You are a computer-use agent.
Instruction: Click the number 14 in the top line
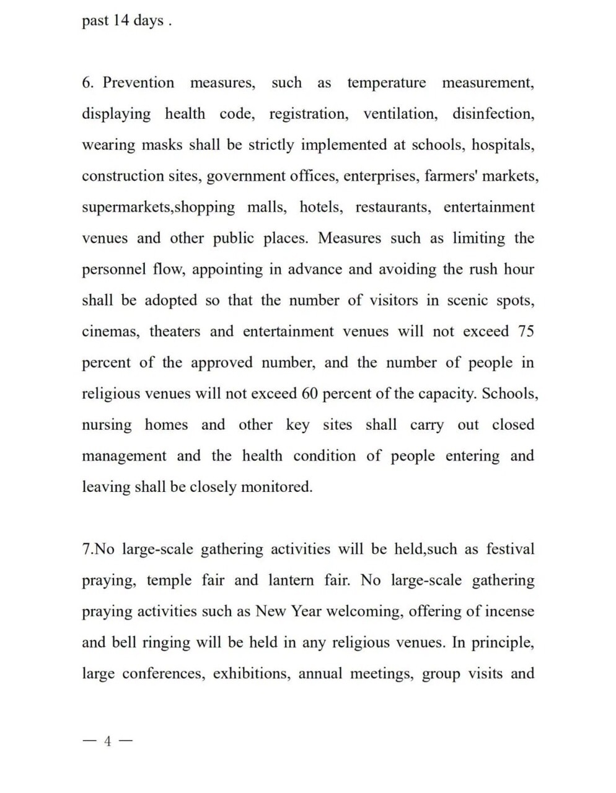121,20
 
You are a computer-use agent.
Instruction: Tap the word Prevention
138,82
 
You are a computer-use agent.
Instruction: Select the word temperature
386,82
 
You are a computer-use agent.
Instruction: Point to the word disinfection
493,114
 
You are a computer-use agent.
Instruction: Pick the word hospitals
503,145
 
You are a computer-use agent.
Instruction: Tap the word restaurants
393,207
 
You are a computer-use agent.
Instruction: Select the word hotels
320,207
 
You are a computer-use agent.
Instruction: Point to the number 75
526,331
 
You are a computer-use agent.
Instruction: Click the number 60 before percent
310,393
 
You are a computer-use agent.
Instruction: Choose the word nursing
107,425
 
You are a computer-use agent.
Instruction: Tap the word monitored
276,487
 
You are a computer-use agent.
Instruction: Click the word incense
509,611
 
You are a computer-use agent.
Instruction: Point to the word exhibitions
252,673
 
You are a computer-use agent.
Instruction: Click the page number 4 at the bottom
108,741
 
